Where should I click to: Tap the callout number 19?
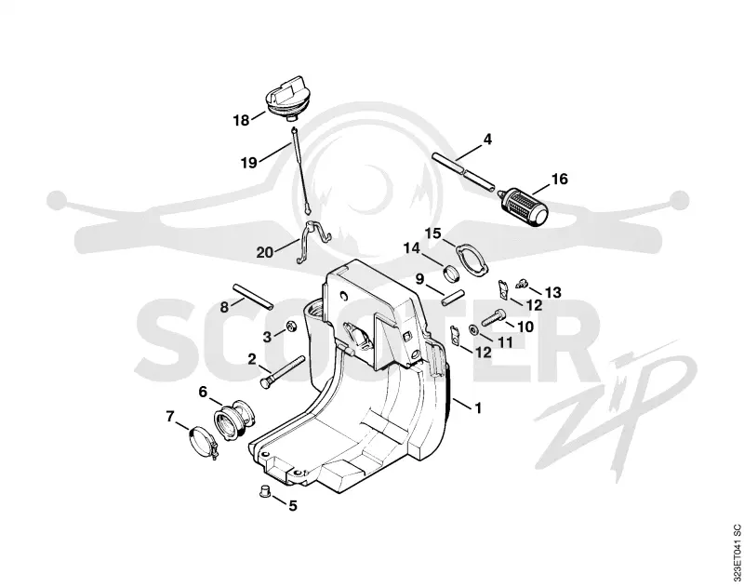(x=248, y=163)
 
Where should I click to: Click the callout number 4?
(x=487, y=140)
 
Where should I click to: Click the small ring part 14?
(x=450, y=273)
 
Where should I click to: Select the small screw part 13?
(x=521, y=283)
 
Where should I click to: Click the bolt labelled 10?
(x=493, y=317)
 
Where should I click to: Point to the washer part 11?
(x=473, y=329)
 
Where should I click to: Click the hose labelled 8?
(x=252, y=296)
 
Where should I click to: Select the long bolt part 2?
(x=282, y=371)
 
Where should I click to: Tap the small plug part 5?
(x=265, y=491)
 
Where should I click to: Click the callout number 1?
(x=478, y=408)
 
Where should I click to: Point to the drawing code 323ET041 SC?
(x=736, y=554)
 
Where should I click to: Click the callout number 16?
(x=560, y=179)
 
